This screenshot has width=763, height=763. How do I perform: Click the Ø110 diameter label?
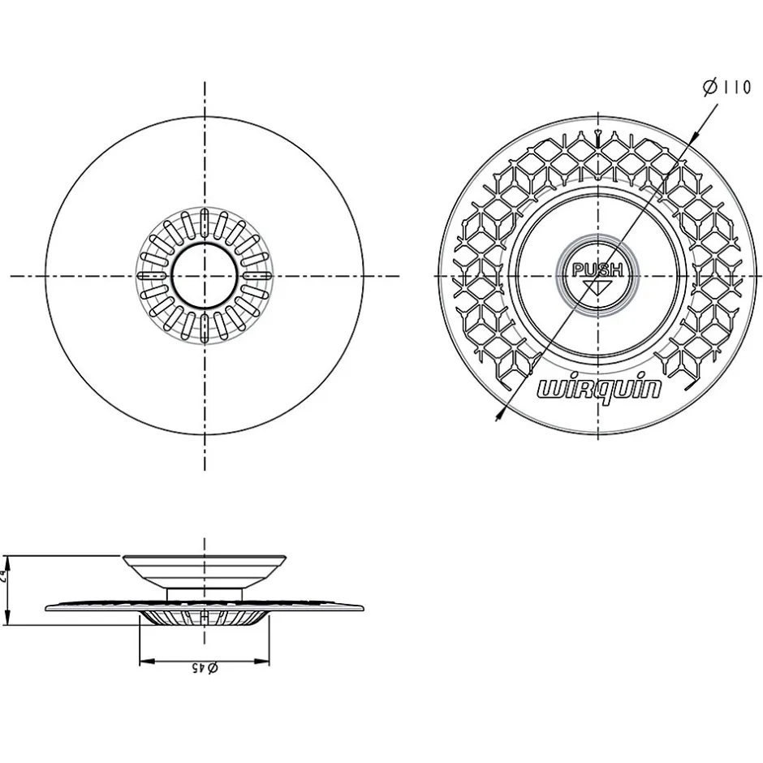pyautogui.click(x=726, y=88)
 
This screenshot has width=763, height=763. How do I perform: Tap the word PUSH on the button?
pyautogui.click(x=597, y=270)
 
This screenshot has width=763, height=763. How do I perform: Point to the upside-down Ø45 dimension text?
pyautogui.click(x=204, y=668)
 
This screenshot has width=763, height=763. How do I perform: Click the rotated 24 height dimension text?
pyautogui.click(x=5, y=578)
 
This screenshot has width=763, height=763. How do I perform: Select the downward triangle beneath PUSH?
pyautogui.click(x=598, y=284)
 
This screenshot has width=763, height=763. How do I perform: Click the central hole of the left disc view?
pyautogui.click(x=205, y=276)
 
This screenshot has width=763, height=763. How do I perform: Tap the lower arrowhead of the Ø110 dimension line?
pyautogui.click(x=498, y=416)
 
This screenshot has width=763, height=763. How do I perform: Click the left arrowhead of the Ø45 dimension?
pyautogui.click(x=144, y=662)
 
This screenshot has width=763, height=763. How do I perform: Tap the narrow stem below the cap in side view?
pyautogui.click(x=205, y=594)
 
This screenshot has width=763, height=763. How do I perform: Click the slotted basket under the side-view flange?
pyautogui.click(x=205, y=619)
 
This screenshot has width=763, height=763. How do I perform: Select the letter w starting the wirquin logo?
pyautogui.click(x=549, y=390)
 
